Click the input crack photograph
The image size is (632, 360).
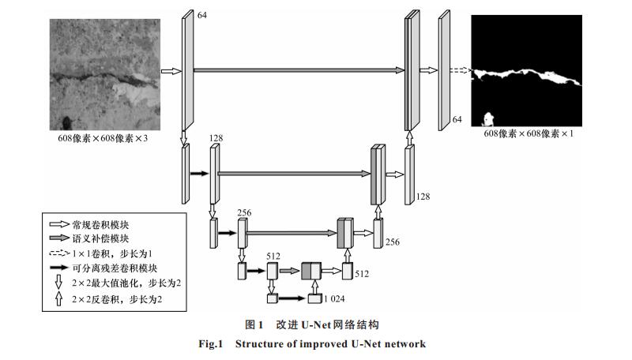[105, 74]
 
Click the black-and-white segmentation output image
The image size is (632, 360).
[526, 71]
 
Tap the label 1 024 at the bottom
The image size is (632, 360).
[334, 298]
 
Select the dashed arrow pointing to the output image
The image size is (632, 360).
[461, 70]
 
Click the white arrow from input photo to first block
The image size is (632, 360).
[171, 71]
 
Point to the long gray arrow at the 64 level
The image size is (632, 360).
[299, 70]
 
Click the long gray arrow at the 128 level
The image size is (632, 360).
[294, 174]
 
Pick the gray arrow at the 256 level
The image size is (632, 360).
[292, 233]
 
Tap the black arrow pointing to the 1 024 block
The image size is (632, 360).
[292, 298]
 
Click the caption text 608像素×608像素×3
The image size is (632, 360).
[103, 138]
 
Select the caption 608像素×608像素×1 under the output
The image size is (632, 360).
[529, 133]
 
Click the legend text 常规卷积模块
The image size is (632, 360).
[100, 225]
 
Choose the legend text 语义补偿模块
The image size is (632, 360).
[100, 238]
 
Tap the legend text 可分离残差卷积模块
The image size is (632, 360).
[115, 268]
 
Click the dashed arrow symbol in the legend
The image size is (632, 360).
[59, 253]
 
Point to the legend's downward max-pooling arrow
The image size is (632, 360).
[58, 282]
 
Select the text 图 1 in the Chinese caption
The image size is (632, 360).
[254, 324]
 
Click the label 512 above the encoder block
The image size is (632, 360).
[273, 256]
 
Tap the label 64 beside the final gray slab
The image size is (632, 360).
[457, 119]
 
